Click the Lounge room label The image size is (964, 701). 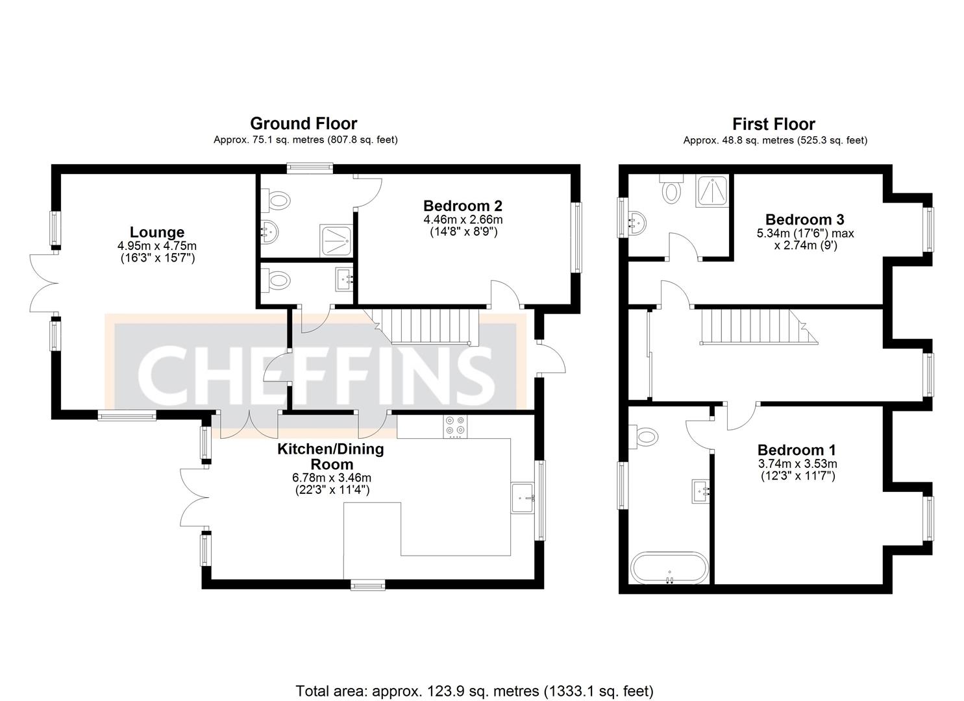pos(156,232)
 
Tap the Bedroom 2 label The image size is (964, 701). pos(462,206)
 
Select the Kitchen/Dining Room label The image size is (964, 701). pos(330,456)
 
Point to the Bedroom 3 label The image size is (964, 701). pos(804,219)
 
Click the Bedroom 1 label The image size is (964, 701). pos(797,450)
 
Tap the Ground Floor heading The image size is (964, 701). pos(303,123)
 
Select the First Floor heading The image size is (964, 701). pos(773,124)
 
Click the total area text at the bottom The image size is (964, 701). pos(475,691)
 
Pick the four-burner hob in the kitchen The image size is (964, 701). pos(454,426)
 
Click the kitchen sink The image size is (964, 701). pos(523,498)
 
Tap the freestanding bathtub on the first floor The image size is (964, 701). pos(669,568)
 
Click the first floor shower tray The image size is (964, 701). pos(711,191)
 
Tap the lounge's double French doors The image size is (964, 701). pos(43,284)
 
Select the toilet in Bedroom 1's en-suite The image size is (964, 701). pos(645,437)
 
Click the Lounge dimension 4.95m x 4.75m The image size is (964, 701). pos(156,246)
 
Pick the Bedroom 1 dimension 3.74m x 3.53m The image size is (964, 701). pos(797,463)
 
